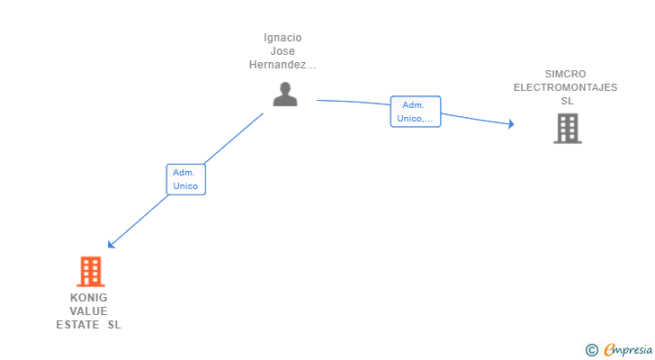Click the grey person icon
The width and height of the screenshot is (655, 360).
point(285,94)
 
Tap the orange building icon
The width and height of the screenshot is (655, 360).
point(90,271)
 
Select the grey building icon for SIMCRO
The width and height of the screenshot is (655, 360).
point(567,128)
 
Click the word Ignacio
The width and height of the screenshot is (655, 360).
point(283,38)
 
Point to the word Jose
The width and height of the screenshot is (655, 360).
point(283,51)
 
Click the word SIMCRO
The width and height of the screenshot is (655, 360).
point(565,74)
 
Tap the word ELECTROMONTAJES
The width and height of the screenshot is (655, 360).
point(565,87)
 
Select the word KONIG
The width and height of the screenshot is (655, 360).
point(88,298)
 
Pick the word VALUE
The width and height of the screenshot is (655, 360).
point(88,311)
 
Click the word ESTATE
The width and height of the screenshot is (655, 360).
point(77,325)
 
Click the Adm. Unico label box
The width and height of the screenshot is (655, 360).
point(185,179)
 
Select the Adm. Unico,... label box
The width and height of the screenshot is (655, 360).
point(415,112)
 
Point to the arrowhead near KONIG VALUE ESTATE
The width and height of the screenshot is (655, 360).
point(111,244)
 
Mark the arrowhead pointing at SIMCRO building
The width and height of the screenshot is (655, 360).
point(510,124)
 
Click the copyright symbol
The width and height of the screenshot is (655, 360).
point(591,350)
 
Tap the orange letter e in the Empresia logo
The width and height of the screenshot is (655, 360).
point(609,350)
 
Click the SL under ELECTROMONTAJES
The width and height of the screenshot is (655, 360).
point(566,101)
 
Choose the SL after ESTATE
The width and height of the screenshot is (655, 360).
point(114,325)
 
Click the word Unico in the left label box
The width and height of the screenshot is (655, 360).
point(185,186)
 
